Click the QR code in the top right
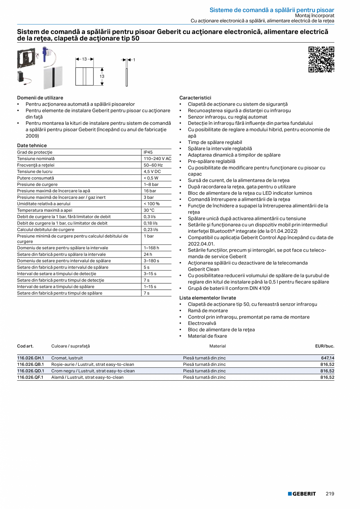[x=321, y=59]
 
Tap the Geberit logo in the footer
[x=302, y=494]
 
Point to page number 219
[x=330, y=494]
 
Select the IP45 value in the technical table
[x=148, y=152]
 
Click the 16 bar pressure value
[x=150, y=191]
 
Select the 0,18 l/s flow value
[x=151, y=223]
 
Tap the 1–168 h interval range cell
[x=151, y=248]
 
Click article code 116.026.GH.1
[x=31, y=358]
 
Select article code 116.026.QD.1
[x=31, y=371]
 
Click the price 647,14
[x=327, y=358]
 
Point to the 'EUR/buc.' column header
[x=324, y=346]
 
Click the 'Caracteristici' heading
[x=195, y=98]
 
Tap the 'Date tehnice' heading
[x=32, y=146]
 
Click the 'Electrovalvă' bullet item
[x=202, y=323]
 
